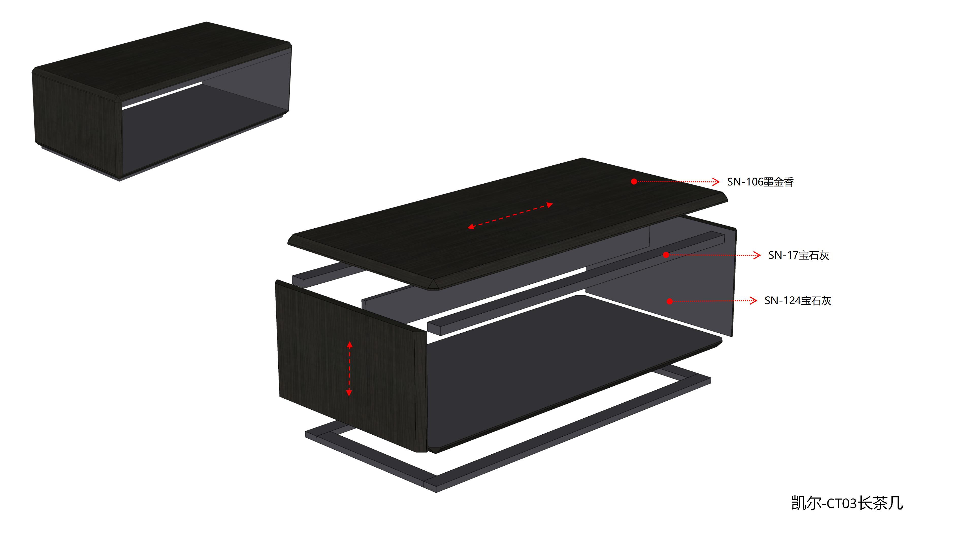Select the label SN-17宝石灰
click(x=799, y=255)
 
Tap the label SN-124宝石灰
click(x=798, y=301)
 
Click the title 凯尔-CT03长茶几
click(x=847, y=503)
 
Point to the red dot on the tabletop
click(x=634, y=182)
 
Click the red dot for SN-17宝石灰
click(x=666, y=255)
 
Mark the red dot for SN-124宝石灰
click(x=670, y=301)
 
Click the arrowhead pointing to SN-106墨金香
click(x=716, y=182)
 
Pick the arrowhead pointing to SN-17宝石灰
click(x=757, y=255)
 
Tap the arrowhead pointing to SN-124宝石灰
click(x=753, y=301)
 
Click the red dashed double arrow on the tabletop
click(x=510, y=216)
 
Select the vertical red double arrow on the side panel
click(x=349, y=368)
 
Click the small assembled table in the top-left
click(x=162, y=101)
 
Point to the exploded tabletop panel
click(x=507, y=223)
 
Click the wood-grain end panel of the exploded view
click(x=352, y=365)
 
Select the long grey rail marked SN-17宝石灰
click(x=575, y=284)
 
